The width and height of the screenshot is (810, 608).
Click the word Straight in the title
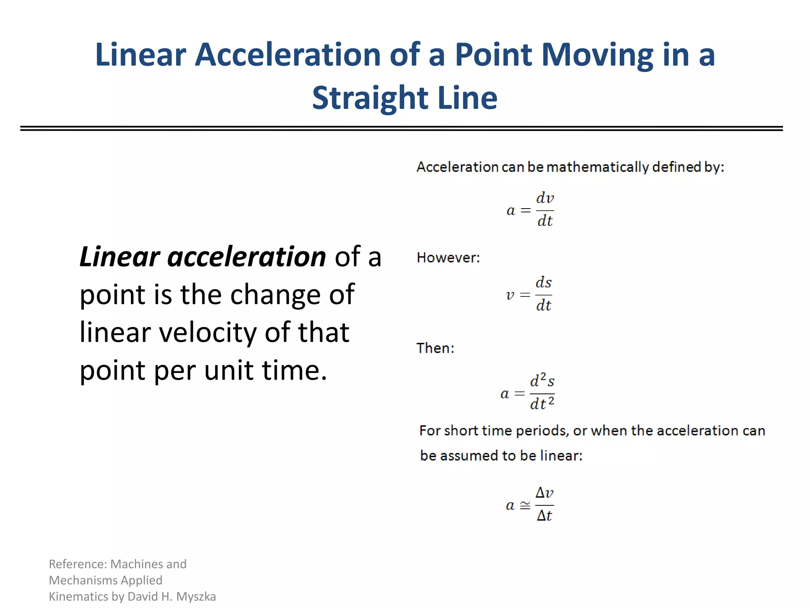pos(370,98)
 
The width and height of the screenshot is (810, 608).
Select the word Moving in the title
pos(597,55)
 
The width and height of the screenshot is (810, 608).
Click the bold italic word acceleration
pos(247,257)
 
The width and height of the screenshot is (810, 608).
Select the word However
pos(448,258)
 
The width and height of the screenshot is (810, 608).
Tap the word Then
pos(435,348)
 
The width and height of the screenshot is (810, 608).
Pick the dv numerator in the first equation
pos(545,198)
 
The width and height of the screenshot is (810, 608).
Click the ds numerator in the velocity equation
pos(544,283)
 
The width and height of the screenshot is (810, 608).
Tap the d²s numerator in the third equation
pos(542,381)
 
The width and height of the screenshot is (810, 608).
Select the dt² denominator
pos(542,403)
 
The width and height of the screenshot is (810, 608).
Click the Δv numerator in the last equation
pos(544,493)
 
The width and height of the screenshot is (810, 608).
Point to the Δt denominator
pos(544,515)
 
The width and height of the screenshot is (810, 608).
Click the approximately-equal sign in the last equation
pos(525,505)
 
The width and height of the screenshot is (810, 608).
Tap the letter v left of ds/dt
pos(510,295)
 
